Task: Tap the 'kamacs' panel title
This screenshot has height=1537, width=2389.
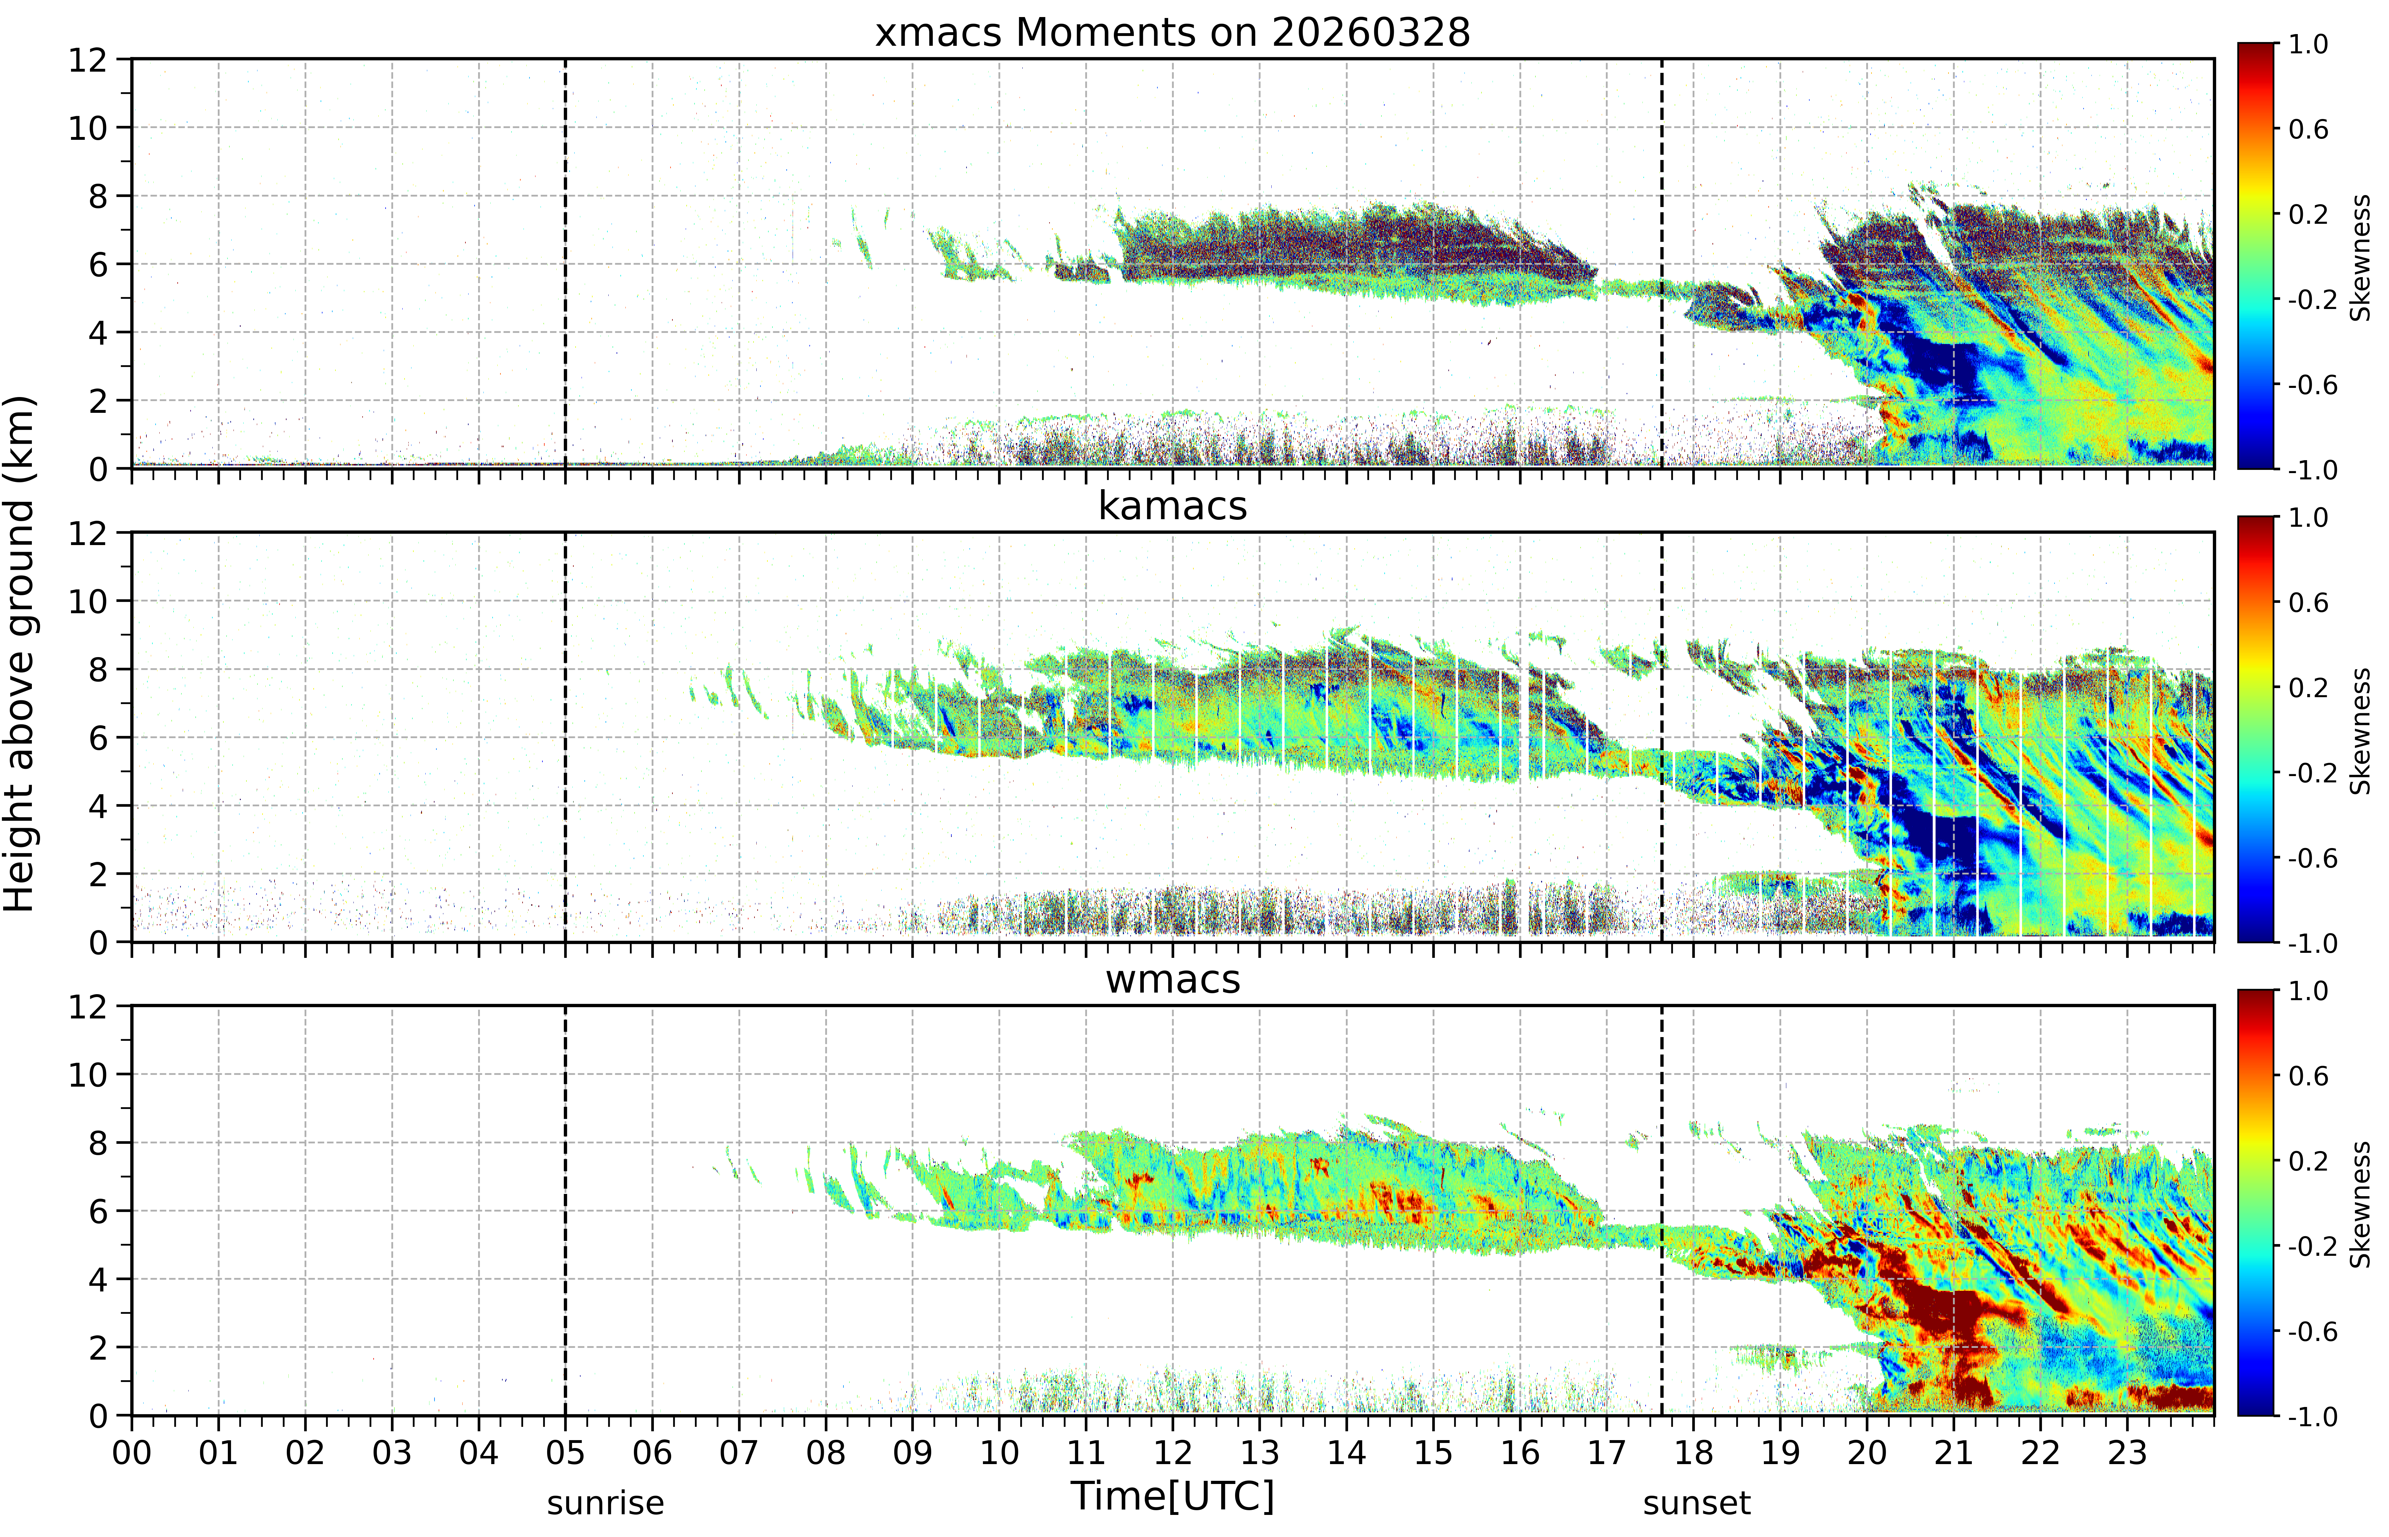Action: [x=1173, y=506]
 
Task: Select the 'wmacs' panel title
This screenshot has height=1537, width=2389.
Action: [x=1173, y=979]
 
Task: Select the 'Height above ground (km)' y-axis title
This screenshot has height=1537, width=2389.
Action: [x=20, y=654]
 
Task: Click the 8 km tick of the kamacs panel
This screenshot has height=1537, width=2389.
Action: [x=98, y=670]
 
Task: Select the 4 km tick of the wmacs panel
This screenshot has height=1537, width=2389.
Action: [x=98, y=1279]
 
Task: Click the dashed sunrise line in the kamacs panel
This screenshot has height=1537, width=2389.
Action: [x=565, y=737]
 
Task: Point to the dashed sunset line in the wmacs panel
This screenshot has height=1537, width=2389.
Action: [x=1662, y=1210]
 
